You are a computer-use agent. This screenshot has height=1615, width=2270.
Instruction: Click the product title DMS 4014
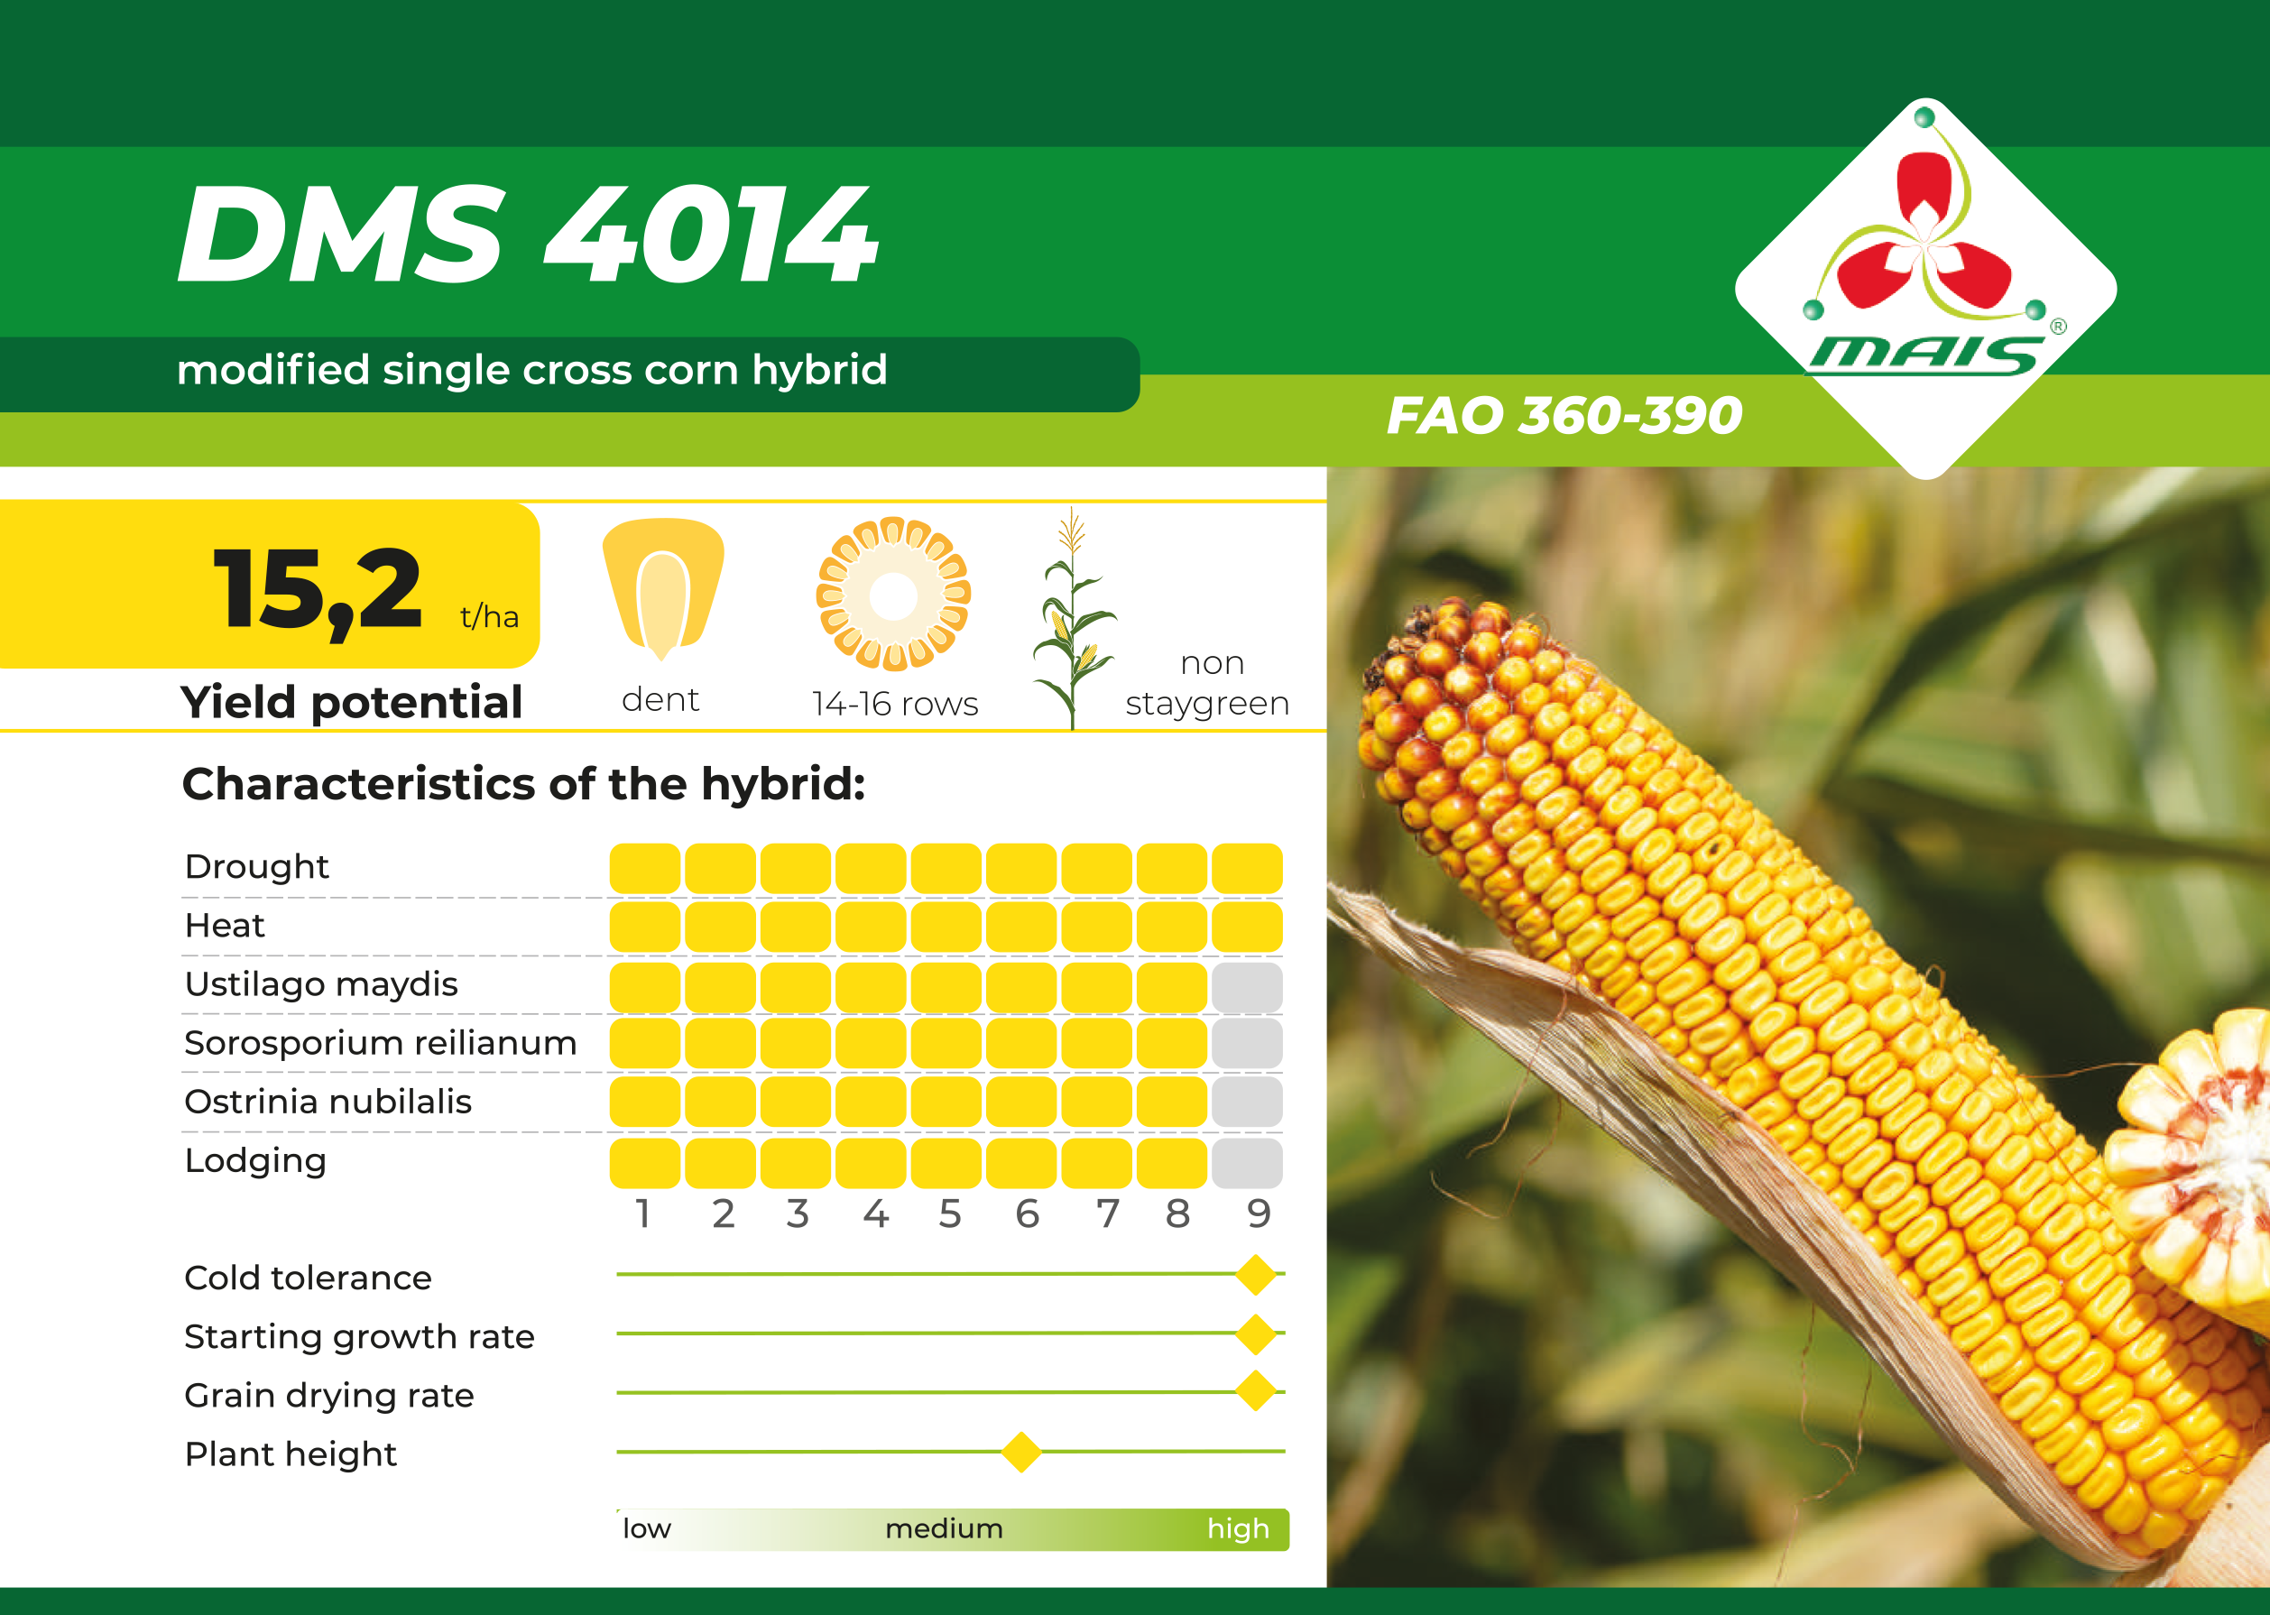coord(528,235)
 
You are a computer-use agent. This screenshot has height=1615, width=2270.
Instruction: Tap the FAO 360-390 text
coord(1564,416)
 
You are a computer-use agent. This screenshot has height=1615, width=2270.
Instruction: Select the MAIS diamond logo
coord(1926,289)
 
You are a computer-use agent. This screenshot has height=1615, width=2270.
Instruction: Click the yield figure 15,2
coord(318,591)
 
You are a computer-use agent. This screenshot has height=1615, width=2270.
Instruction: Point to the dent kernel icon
coord(663,590)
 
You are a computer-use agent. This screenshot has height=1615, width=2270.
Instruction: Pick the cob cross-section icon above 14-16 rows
coord(893,595)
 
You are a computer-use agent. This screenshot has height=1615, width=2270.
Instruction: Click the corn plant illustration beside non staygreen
coord(1074,617)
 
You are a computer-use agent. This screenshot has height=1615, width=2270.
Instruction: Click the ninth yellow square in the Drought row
coord(1247,868)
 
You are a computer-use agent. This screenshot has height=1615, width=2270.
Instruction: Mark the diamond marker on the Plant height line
coord(1021,1452)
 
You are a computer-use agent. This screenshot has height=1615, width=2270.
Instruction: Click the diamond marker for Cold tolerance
coord(1256,1274)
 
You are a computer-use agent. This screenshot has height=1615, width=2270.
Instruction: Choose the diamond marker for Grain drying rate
coord(1256,1391)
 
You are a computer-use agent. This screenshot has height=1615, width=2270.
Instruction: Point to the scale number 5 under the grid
coord(949,1214)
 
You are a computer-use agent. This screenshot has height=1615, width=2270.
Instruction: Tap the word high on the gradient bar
coord(1238,1528)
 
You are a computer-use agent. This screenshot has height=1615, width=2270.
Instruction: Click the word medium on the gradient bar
coord(944,1528)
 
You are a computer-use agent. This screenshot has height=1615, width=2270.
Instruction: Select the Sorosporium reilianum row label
coord(381,1043)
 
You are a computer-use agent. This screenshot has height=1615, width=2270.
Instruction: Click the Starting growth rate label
coord(359,1337)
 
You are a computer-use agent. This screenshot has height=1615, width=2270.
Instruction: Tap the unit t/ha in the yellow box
coord(489,616)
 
